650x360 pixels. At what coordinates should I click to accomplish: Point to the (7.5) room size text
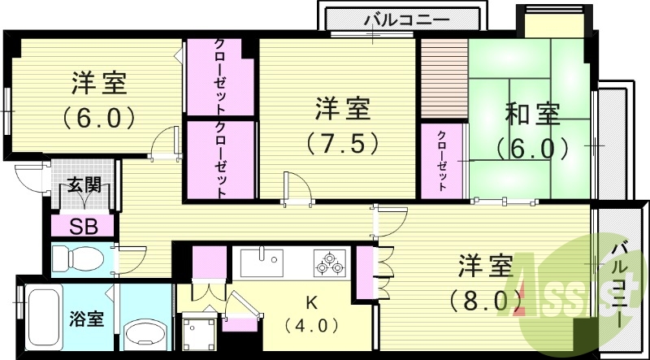tap(342, 143)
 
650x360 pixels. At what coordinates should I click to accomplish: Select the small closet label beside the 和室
tap(442, 160)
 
